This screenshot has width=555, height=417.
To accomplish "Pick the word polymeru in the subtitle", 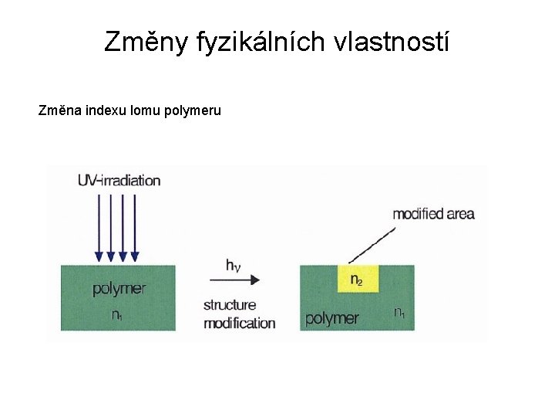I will click(x=193, y=110).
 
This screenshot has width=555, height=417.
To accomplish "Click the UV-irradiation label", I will click(x=119, y=181).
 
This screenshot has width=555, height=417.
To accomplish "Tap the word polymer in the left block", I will click(x=119, y=289).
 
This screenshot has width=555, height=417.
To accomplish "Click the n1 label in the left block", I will click(x=117, y=315).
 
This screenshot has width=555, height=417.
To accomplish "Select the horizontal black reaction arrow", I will click(x=235, y=280).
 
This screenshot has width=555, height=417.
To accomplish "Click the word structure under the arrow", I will click(x=230, y=305).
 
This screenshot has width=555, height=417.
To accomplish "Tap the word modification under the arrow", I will click(x=239, y=323).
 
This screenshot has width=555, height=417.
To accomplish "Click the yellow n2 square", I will click(x=357, y=279).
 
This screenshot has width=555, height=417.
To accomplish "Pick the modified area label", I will click(x=433, y=214).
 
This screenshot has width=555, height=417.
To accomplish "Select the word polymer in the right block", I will click(x=332, y=318).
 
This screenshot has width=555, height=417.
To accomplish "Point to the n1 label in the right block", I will click(x=400, y=313).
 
